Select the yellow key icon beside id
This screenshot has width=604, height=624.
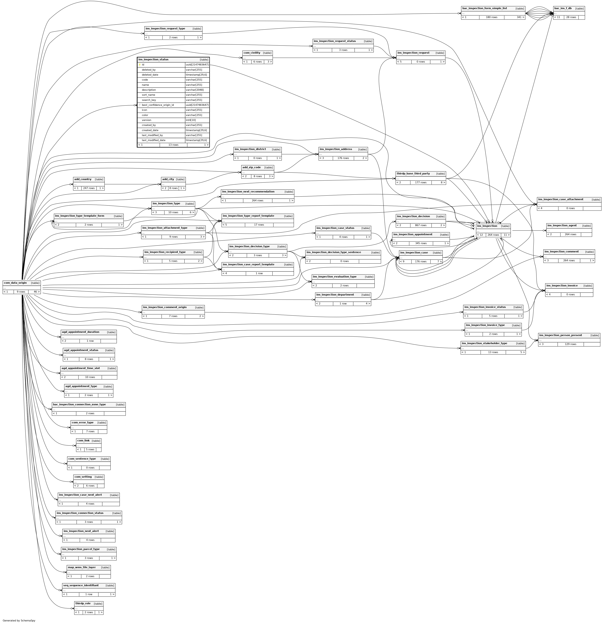click(x=140, y=65)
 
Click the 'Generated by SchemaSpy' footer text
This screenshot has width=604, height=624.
click(x=19, y=621)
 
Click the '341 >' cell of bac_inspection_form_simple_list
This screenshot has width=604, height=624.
click(x=514, y=17)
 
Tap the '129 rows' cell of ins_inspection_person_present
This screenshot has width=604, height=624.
click(x=570, y=344)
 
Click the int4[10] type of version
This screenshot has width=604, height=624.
click(x=191, y=120)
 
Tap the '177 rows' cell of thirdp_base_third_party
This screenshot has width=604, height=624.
click(x=421, y=182)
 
